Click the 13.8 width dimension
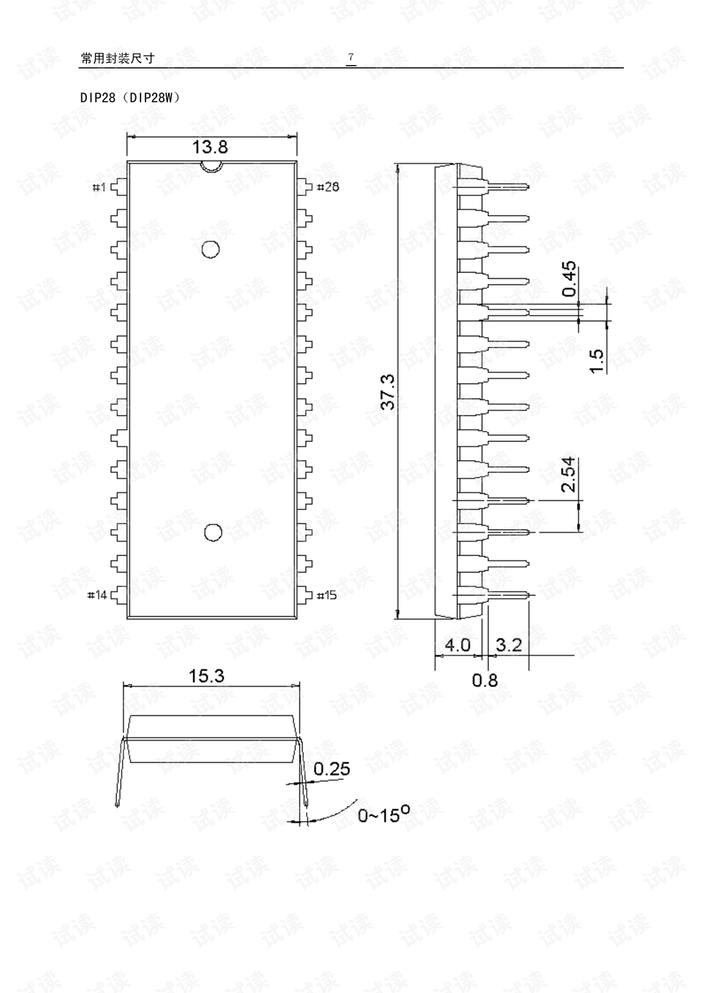click(x=210, y=147)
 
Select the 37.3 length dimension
click(x=388, y=392)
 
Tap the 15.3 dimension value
click(x=206, y=676)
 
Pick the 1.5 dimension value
click(x=597, y=361)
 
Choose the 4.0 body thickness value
click(x=457, y=645)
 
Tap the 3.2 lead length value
click(x=509, y=645)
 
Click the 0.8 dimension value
click(x=485, y=680)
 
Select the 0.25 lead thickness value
click(x=332, y=768)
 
